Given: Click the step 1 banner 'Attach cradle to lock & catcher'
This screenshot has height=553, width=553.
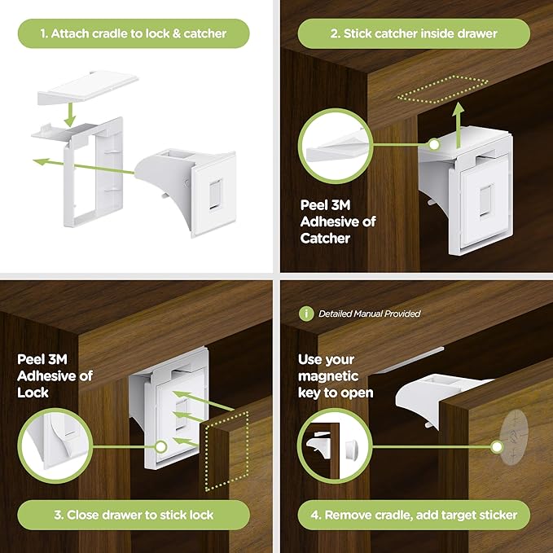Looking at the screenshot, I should point(134,33).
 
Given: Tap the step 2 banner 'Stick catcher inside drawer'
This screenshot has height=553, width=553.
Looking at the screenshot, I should point(414,33).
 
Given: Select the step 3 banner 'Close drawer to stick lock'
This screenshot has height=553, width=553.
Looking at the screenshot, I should point(134,515).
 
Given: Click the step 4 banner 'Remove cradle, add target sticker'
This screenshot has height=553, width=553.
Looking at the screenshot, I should point(415,515).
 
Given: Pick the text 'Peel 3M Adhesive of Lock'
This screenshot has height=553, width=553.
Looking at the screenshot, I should point(55,375).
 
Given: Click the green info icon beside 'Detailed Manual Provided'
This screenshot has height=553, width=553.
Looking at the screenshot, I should point(307,313).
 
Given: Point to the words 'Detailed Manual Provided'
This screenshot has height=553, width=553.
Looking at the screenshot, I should point(369,314).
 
